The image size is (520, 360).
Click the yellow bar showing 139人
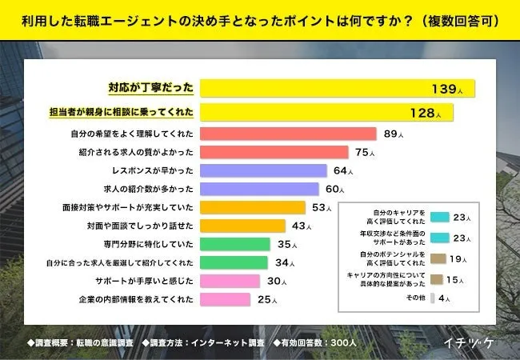click(336, 87)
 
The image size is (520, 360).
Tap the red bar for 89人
click(287, 134)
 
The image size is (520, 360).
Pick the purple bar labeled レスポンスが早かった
click(263, 170)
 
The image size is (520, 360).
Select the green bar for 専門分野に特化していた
click(234, 244)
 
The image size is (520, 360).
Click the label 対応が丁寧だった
click(150, 87)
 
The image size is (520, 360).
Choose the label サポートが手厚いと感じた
click(142, 281)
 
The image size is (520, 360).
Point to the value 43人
click(302, 226)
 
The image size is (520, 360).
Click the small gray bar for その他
click(432, 299)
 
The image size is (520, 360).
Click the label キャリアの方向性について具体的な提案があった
click(385, 278)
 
